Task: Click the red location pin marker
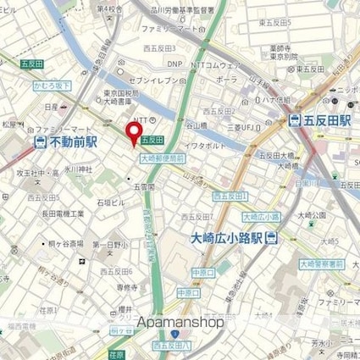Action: (x=133, y=134)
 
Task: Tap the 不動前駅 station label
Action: (x=74, y=142)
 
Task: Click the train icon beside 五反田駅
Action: (x=296, y=120)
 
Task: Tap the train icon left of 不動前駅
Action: (x=41, y=142)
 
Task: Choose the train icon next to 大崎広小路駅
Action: (x=271, y=237)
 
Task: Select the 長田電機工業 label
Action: (x=66, y=213)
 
